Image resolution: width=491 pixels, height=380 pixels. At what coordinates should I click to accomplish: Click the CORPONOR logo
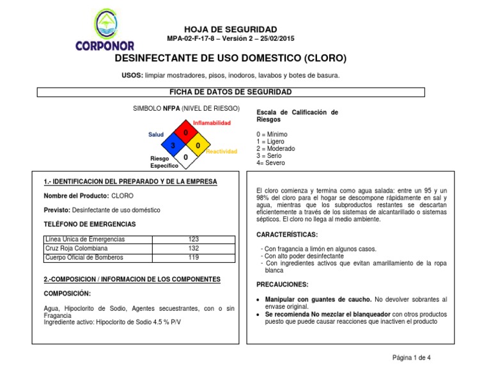tap(105, 30)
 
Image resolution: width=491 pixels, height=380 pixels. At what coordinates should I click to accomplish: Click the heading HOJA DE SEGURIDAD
tap(230, 29)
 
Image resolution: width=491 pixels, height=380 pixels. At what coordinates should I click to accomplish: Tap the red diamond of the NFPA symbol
tap(185, 133)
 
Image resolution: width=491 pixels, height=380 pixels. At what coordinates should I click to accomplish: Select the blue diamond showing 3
tap(173, 145)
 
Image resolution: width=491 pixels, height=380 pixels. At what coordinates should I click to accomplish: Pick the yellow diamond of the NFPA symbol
tap(198, 145)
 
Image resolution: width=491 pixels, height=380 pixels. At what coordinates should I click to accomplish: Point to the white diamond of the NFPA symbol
tap(185, 157)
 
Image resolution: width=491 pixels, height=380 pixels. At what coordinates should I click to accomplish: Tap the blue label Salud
tap(156, 134)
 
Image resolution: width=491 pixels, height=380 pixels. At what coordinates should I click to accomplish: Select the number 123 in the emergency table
tap(194, 239)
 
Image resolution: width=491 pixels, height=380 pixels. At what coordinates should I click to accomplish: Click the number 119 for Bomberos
tap(194, 257)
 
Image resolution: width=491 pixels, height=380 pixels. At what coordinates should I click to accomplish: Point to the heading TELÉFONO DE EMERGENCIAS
tap(90, 225)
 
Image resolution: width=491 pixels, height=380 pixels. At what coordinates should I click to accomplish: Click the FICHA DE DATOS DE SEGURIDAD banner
tap(230, 92)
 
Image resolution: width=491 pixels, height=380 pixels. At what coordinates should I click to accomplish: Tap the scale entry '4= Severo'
tap(270, 162)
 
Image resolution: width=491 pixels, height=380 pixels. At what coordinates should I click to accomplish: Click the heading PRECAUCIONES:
tap(283, 284)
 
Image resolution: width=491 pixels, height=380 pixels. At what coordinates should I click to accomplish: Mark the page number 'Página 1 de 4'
tap(411, 358)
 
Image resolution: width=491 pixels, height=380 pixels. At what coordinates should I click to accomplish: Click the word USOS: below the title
tap(132, 75)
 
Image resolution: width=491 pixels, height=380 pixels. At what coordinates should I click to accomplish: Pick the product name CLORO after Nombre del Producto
tap(123, 195)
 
